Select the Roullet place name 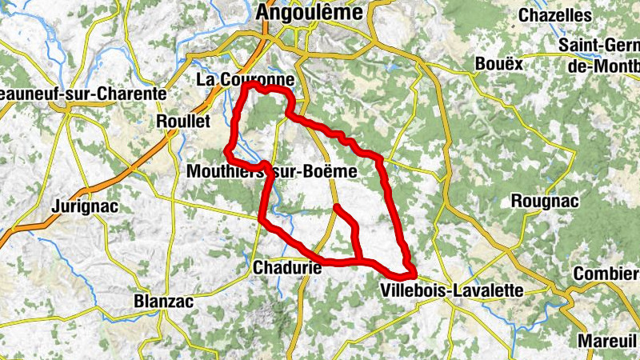tap(184, 121)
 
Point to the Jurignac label tap(84, 206)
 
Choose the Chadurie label tap(286, 268)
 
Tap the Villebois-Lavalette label tap(452, 290)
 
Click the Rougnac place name tap(543, 200)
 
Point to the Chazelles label tap(566, 15)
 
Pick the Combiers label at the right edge tap(606, 274)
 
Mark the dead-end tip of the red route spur tap(336, 207)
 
